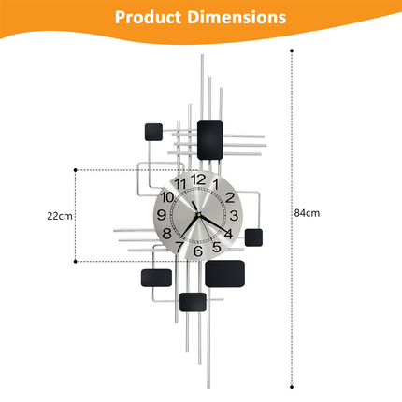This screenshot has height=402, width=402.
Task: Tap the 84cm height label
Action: click(x=308, y=213)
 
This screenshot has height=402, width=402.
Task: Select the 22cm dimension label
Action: click(x=60, y=215)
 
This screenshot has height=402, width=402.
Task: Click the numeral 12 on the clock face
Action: click(x=197, y=179)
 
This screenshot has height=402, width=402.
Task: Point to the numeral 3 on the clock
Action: click(x=233, y=215)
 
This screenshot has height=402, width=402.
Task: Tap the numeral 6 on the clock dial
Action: click(x=197, y=251)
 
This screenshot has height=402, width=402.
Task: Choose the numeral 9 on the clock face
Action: click(x=162, y=215)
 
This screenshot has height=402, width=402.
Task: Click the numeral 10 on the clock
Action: click(x=167, y=197)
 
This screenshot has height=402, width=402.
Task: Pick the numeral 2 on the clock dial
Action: click(x=227, y=197)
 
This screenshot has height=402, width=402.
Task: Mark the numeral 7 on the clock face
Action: click(x=179, y=247)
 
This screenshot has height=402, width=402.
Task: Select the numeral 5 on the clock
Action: click(x=216, y=247)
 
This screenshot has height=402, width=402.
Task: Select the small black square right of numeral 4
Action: click(x=253, y=237)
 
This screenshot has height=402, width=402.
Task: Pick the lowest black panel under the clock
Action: click(x=194, y=302)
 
